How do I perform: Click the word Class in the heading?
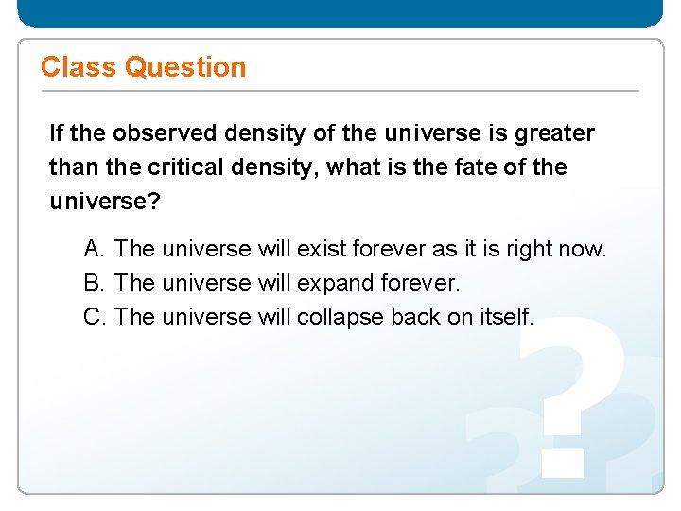click(x=79, y=67)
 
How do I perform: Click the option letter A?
click(x=94, y=249)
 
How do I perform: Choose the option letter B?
click(x=94, y=283)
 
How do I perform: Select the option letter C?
click(x=94, y=317)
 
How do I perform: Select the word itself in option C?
click(x=508, y=317)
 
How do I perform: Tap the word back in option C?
click(x=415, y=317)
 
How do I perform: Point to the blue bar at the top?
click(x=340, y=13)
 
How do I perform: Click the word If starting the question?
click(x=57, y=133)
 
